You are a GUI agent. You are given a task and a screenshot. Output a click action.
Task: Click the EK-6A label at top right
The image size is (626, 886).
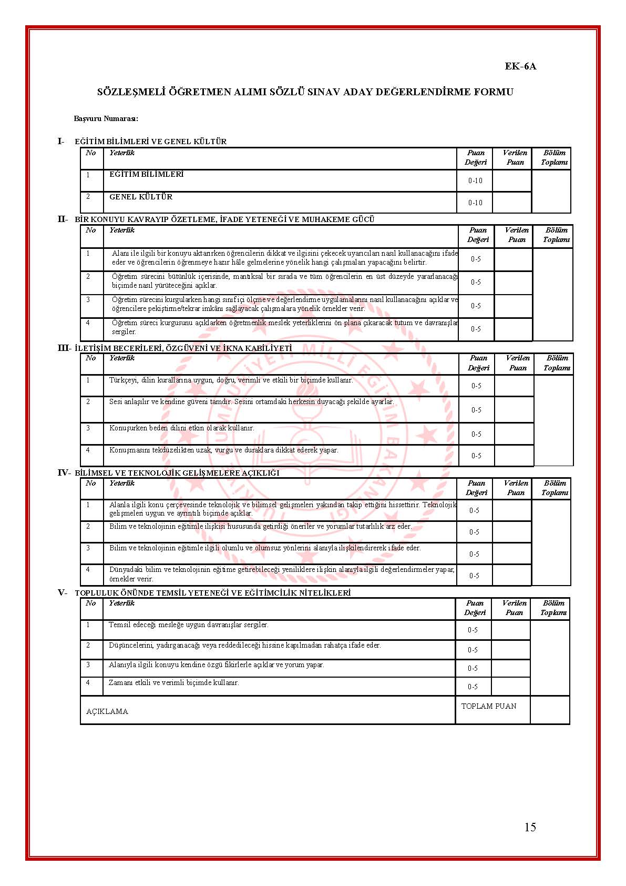[x=520, y=66]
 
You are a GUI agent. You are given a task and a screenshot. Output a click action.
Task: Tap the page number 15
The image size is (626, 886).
[x=530, y=827]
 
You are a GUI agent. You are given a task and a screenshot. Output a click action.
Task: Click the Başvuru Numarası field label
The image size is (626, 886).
[x=106, y=119]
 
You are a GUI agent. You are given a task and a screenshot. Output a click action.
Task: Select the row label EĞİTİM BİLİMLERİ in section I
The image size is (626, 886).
[x=146, y=174]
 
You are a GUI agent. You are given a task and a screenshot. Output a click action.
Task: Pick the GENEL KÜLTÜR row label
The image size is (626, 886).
[x=140, y=197]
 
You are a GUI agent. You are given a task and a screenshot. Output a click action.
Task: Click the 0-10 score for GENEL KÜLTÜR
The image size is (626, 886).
[x=475, y=203]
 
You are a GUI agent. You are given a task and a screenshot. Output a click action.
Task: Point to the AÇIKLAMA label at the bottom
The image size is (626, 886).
[x=107, y=711]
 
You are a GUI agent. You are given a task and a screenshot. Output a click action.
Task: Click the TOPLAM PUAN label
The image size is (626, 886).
[x=489, y=706]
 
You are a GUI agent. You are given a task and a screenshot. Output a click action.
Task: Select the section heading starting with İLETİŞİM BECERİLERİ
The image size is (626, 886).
[x=183, y=348]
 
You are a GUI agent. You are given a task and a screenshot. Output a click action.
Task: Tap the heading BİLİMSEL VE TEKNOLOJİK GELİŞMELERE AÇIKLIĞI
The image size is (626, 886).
[x=177, y=472]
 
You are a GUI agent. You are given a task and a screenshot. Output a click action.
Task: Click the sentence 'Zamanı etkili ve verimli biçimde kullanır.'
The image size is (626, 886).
[x=173, y=682]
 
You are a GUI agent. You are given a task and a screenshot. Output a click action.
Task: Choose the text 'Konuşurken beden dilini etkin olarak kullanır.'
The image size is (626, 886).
[x=181, y=428]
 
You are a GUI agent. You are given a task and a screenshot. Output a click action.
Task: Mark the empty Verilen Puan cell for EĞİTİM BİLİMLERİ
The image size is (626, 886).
[x=512, y=180]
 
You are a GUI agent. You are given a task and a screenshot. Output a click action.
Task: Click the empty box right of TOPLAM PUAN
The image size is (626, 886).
[x=550, y=710]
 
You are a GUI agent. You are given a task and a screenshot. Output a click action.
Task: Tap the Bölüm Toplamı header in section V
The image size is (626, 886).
[x=553, y=608]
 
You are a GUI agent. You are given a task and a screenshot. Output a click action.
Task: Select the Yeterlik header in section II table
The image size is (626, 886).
[x=122, y=230]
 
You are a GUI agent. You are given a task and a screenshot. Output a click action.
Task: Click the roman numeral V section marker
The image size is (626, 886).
[x=62, y=592]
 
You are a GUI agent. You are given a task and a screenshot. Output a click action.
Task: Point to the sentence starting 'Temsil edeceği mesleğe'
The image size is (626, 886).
[x=188, y=625]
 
